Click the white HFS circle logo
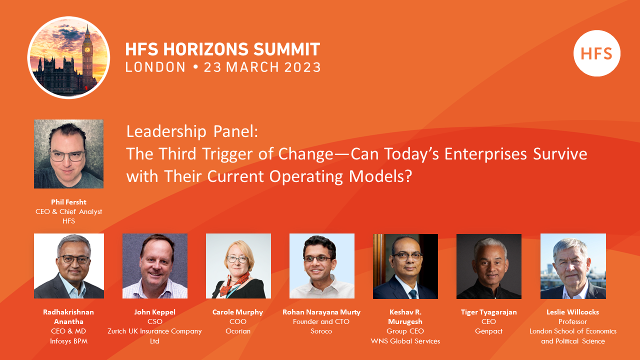[x=596, y=53]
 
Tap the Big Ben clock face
[x=87, y=49]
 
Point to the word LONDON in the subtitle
[x=155, y=67]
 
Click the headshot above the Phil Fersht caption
[x=68, y=154]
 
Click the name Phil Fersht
[x=68, y=202]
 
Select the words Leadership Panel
[x=192, y=131]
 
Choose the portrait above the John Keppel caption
[x=155, y=266]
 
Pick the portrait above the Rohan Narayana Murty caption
[x=321, y=266]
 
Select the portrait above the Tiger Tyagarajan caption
[x=488, y=266]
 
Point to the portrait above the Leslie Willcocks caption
[x=573, y=266]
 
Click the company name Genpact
[x=488, y=331]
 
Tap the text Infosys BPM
[x=68, y=341]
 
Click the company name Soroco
[x=321, y=331]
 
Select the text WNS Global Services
[x=405, y=341]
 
